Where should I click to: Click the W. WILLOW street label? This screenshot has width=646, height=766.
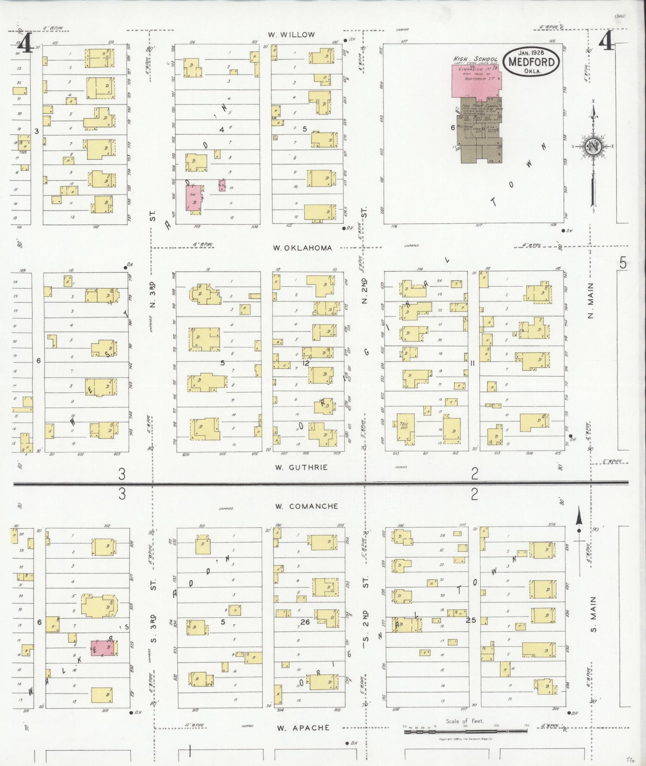(x=292, y=35)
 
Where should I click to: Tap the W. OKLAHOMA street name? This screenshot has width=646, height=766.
(x=302, y=248)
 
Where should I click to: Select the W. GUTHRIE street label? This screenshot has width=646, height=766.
(x=302, y=467)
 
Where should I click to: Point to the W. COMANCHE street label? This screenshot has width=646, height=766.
(x=307, y=506)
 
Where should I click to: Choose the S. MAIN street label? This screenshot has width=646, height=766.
(x=593, y=620)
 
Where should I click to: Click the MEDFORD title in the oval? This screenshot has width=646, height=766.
(x=531, y=62)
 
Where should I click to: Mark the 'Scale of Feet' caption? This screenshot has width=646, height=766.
(x=465, y=721)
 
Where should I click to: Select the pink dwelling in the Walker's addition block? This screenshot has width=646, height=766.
(x=105, y=648)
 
